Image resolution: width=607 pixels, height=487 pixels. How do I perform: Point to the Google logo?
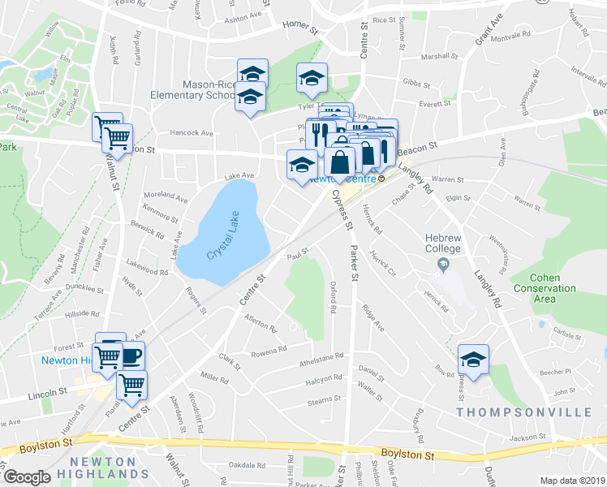pos(27,477)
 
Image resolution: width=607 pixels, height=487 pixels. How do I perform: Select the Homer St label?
pos(299,26)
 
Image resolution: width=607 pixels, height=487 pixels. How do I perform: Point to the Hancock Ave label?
pos(191,133)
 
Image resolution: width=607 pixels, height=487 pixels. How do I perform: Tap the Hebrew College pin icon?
pos(443,265)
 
